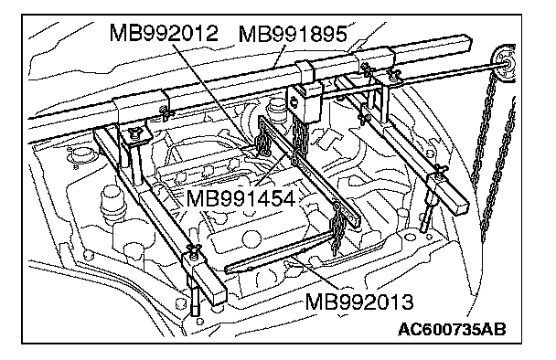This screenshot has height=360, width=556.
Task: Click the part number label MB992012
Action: pos(164,33)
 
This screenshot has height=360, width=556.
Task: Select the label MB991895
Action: pos(293,35)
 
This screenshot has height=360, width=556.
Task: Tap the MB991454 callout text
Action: pos(241,198)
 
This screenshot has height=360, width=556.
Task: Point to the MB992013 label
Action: pos(359,302)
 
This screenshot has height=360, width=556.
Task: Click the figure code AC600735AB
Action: pos(452,330)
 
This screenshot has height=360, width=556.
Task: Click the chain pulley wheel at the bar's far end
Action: pos(504,64)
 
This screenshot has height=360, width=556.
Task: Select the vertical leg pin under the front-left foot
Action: pos(195,298)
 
